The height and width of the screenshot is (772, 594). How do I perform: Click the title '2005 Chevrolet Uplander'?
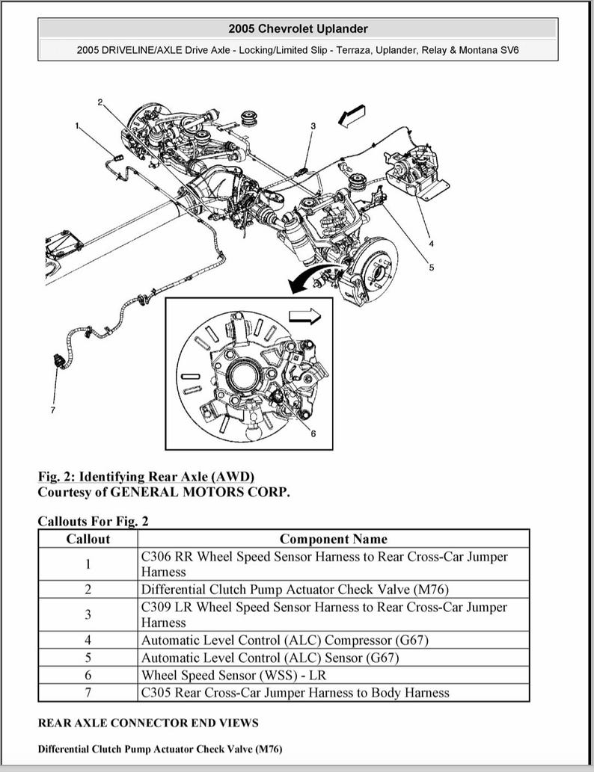pyautogui.click(x=298, y=28)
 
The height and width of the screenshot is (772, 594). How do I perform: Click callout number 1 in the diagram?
pyautogui.click(x=76, y=126)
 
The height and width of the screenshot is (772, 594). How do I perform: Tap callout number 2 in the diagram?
pyautogui.click(x=99, y=101)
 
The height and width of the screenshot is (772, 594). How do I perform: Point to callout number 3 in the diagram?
pyautogui.click(x=313, y=126)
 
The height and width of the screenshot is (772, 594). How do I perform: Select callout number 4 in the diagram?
pyautogui.click(x=431, y=243)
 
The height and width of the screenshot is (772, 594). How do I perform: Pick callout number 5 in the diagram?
pyautogui.click(x=431, y=268)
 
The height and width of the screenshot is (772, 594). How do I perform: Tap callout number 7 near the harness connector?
pyautogui.click(x=52, y=410)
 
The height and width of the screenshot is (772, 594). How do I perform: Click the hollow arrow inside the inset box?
pyautogui.click(x=304, y=317)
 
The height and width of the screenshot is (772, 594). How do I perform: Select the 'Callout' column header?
pyautogui.click(x=88, y=539)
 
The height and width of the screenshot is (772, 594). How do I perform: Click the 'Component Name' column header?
pyautogui.click(x=334, y=539)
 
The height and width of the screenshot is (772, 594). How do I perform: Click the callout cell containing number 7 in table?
pyautogui.click(x=88, y=693)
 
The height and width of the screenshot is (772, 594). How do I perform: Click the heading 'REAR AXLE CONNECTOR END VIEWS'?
pyautogui.click(x=148, y=723)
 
